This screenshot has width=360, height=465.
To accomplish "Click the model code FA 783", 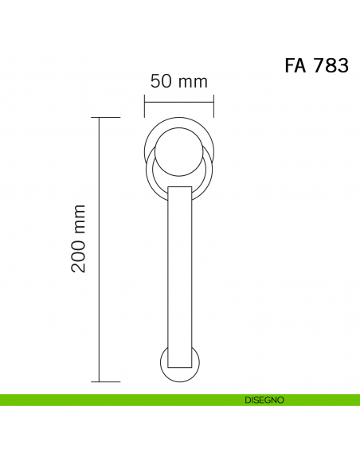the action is [316, 65].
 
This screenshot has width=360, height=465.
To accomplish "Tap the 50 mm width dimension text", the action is [179, 81].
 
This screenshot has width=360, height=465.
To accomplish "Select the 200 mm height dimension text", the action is [79, 238].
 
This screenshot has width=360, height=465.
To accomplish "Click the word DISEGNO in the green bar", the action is [264, 400].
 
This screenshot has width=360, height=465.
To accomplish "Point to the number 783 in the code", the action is [331, 65].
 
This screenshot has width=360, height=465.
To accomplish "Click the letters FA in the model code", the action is [295, 65].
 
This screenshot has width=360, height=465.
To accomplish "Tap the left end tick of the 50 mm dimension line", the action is [144, 106].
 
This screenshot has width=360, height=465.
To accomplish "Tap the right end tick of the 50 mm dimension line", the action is [213, 106].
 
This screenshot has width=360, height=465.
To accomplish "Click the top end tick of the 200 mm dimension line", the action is [106, 117].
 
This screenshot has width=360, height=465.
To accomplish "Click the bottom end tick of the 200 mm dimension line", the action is [106, 381].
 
